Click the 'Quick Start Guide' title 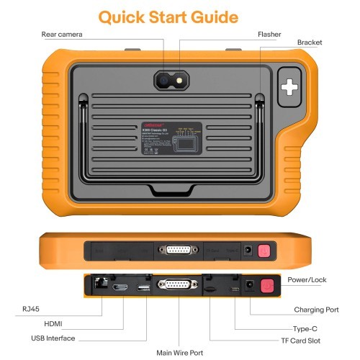point(179,16)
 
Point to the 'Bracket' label point(310,42)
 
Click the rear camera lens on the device point(165,83)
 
